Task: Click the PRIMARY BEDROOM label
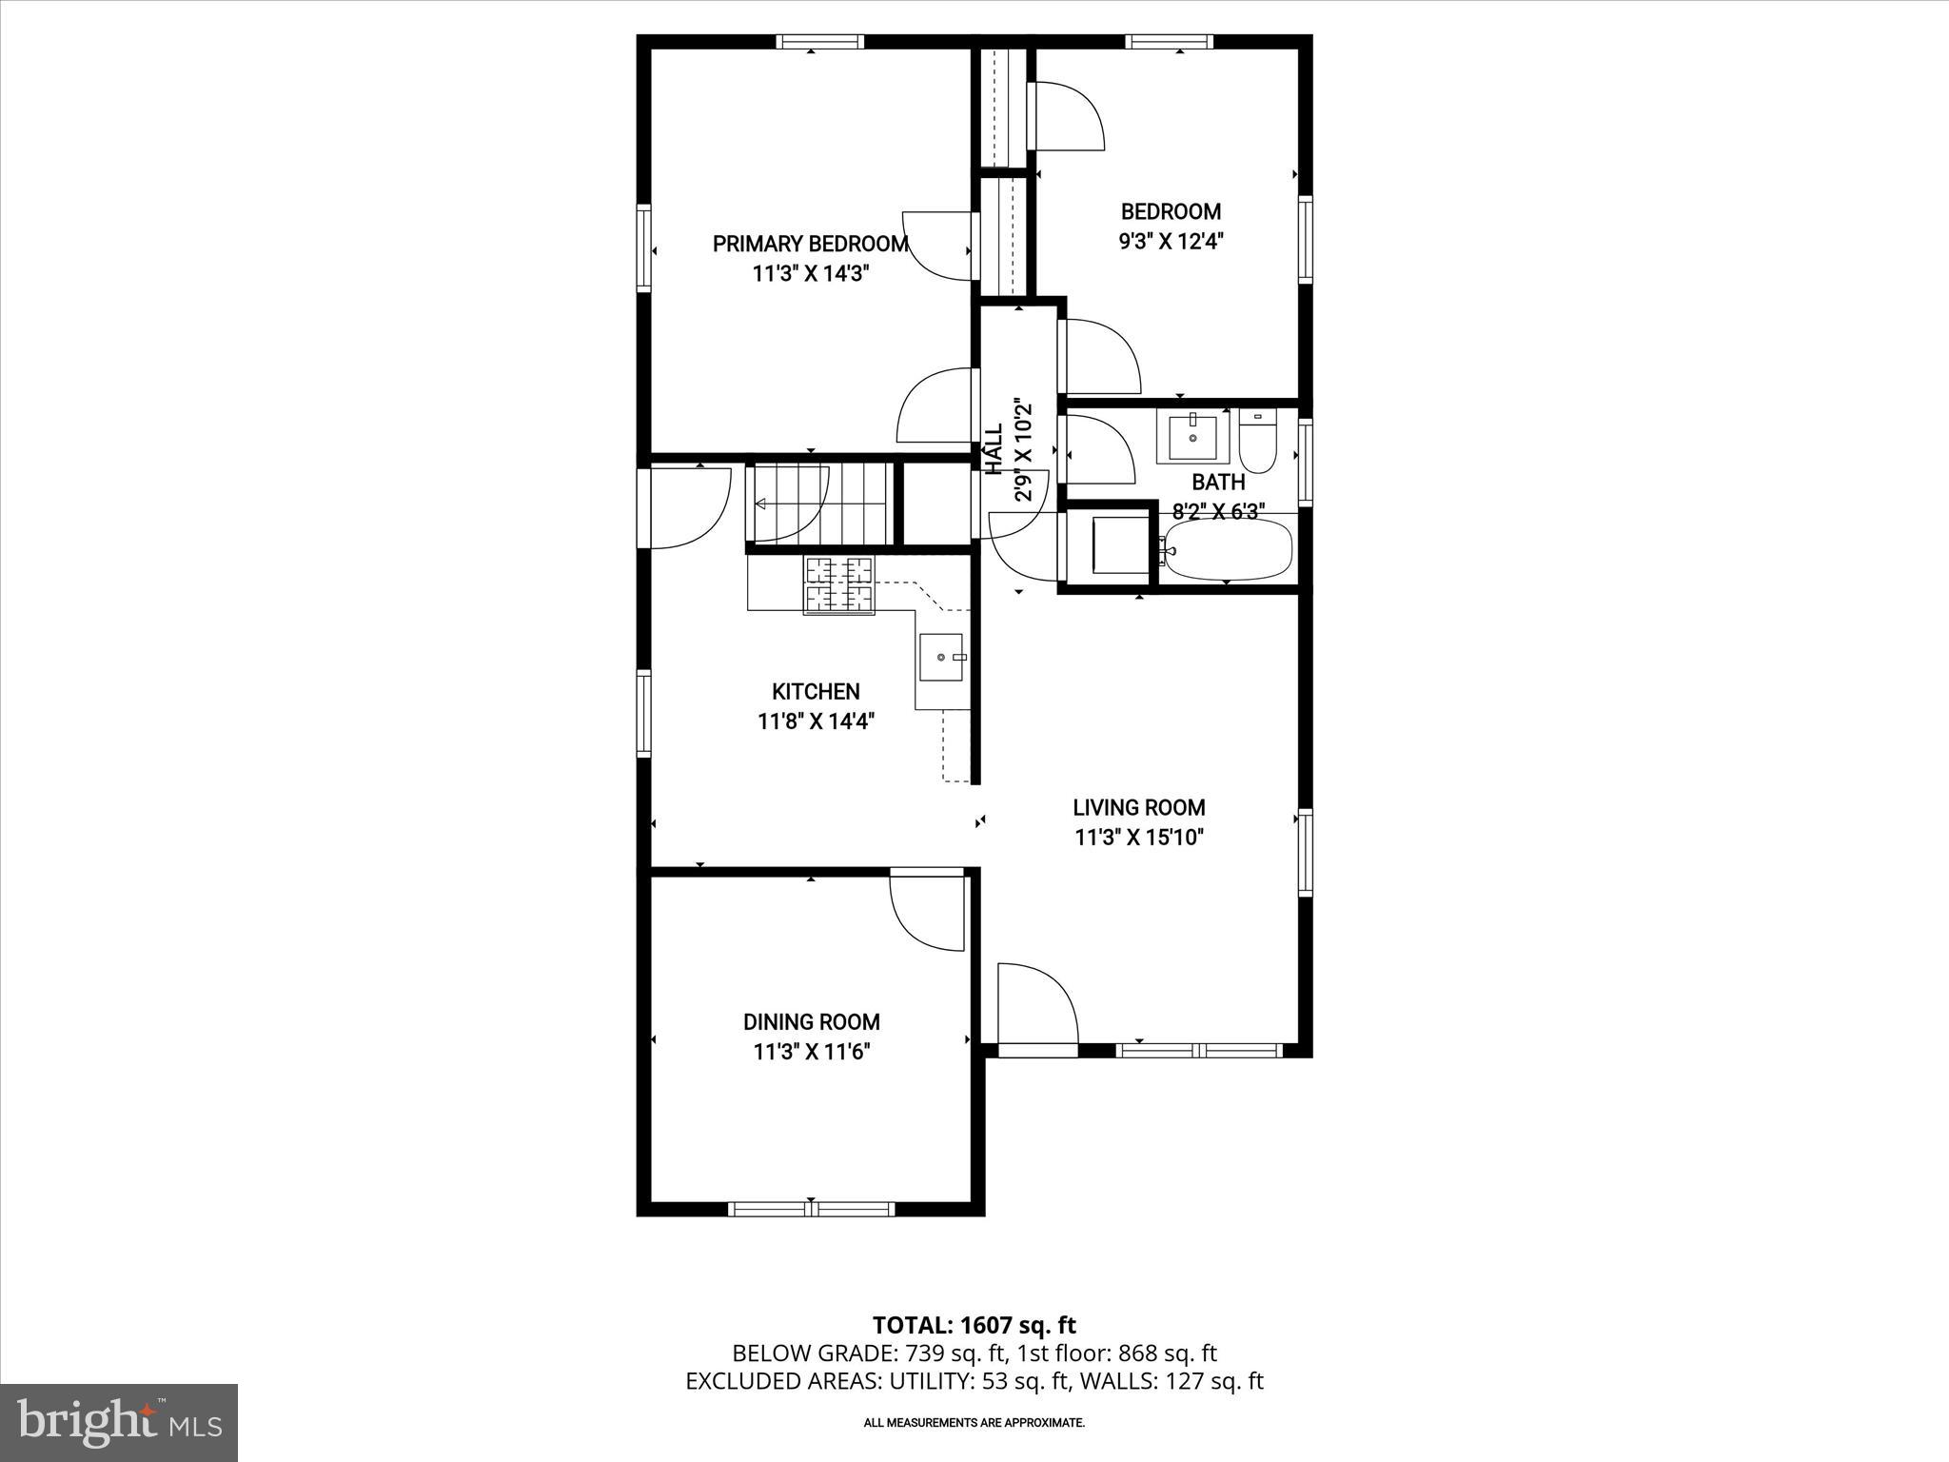pos(810,244)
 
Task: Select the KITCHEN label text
pos(816,692)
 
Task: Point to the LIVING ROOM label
pos(1139,808)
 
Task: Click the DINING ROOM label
pos(811,1022)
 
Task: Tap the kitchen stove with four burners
pos(838,585)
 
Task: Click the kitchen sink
pos(941,658)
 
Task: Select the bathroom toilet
pos(1258,442)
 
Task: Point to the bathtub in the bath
pos(1228,550)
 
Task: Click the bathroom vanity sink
pos(1192,436)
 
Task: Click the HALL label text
pos(994,449)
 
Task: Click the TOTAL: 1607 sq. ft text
pos(974,1325)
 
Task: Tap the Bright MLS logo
pos(119,1422)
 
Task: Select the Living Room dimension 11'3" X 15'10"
pos(1139,839)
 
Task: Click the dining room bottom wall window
pos(811,1209)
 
